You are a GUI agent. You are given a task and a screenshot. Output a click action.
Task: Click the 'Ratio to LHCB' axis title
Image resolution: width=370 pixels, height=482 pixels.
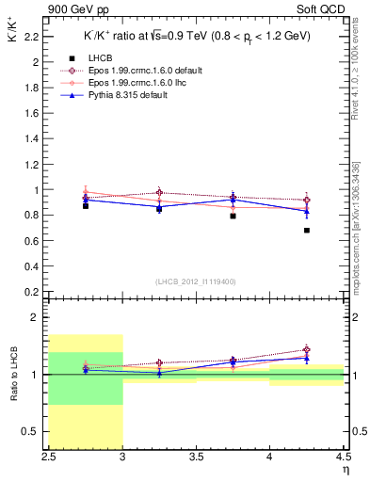(12, 375)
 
